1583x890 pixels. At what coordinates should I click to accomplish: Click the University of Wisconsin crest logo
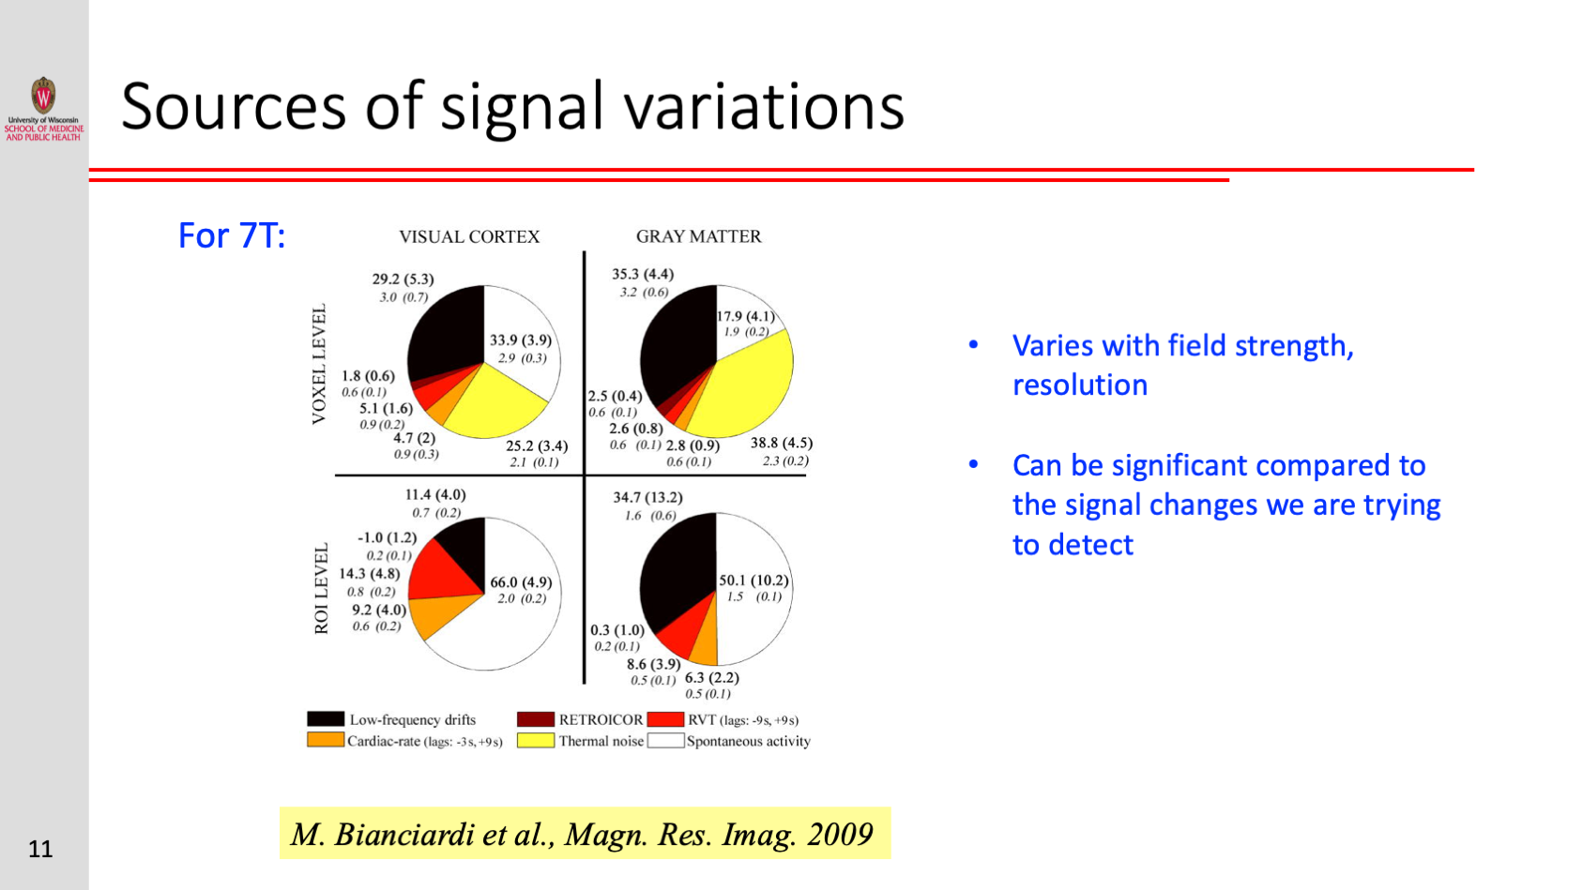(44, 95)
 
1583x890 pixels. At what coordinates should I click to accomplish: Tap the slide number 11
(40, 849)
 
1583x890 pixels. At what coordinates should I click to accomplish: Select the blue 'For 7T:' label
(232, 235)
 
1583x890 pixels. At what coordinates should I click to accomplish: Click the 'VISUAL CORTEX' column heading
(469, 236)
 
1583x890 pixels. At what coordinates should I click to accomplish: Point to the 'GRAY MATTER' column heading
(698, 236)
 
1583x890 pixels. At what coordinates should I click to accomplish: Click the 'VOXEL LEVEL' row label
(319, 364)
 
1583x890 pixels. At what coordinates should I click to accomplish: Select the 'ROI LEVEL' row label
(322, 588)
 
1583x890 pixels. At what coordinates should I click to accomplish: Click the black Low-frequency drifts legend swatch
(326, 719)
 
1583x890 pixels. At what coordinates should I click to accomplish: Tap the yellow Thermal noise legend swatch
(535, 740)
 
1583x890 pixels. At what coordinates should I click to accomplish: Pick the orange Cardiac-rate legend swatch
(326, 740)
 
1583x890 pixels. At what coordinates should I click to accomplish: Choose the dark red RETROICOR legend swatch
(535, 719)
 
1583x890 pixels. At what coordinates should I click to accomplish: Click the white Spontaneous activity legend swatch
(665, 740)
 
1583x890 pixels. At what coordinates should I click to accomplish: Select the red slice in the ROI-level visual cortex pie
(442, 572)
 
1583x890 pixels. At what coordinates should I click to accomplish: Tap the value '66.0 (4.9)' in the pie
(521, 582)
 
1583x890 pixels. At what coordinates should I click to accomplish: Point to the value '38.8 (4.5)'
(782, 443)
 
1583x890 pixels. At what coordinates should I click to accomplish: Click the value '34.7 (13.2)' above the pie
(648, 497)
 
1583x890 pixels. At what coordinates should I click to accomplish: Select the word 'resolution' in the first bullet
(1080, 385)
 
